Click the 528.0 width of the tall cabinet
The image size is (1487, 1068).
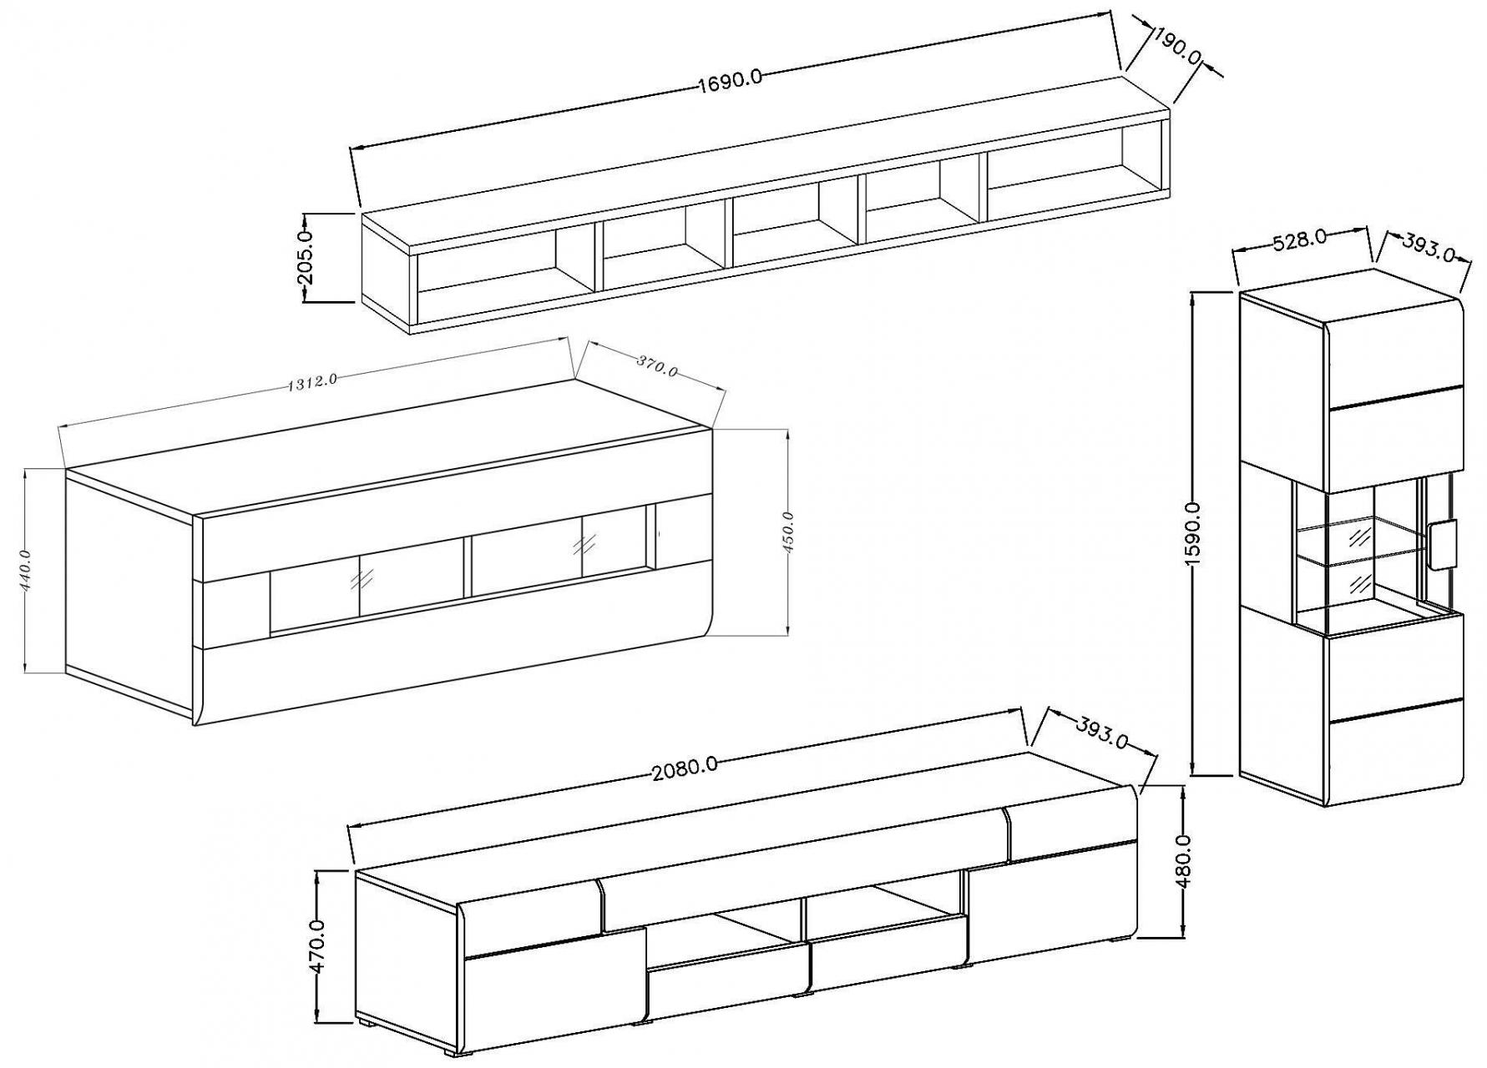point(1300,238)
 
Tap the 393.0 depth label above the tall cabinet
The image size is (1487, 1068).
point(1429,247)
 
